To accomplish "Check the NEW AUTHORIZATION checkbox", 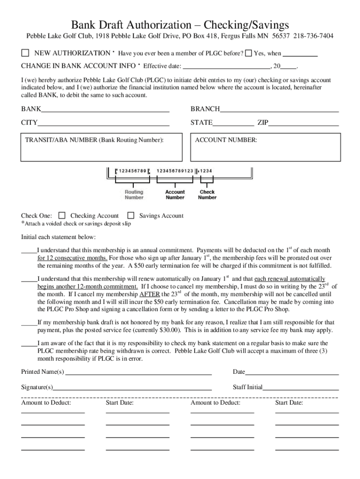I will pyautogui.click(x=25, y=53).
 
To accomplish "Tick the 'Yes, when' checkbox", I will pyautogui.click(x=249, y=53).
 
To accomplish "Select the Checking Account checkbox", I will pyautogui.click(x=62, y=216).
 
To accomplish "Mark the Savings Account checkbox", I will pyautogui.click(x=131, y=216).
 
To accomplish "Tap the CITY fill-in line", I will pyautogui.click(x=104, y=124).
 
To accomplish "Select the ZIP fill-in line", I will pyautogui.click(x=303, y=124).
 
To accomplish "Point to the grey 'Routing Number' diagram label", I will pyautogui.click(x=134, y=195).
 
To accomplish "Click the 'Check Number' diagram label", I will pyautogui.click(x=207, y=195).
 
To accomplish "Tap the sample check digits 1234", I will pyautogui.click(x=207, y=170).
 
